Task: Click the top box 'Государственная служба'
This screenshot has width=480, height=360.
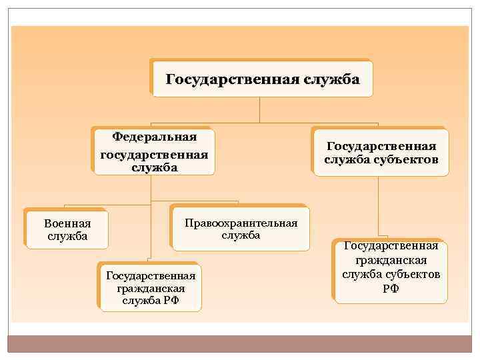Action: (x=262, y=79)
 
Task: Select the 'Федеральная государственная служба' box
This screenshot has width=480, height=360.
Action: (x=154, y=152)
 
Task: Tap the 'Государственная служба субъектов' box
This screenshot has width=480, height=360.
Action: (x=381, y=153)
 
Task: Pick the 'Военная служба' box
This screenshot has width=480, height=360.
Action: (x=67, y=229)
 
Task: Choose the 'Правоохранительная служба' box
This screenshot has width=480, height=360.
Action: (x=241, y=228)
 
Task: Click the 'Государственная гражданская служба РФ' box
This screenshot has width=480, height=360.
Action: (x=151, y=287)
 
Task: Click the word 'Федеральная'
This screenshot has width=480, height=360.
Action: (x=154, y=137)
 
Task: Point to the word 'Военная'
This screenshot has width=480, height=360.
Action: (x=67, y=223)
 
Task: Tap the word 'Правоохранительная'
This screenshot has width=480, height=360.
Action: (x=241, y=223)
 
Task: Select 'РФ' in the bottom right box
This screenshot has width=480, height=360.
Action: (x=391, y=288)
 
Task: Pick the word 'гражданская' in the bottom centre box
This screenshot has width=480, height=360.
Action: (x=151, y=288)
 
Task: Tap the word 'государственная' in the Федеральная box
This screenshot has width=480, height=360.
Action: (x=154, y=155)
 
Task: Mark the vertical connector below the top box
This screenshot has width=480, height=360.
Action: (x=259, y=111)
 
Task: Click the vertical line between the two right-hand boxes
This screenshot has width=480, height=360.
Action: (x=379, y=207)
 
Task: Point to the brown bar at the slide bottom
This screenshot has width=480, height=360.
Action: (x=240, y=343)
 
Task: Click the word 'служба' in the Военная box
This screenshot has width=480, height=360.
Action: (x=67, y=236)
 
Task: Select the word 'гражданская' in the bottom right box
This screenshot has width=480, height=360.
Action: (x=391, y=260)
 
